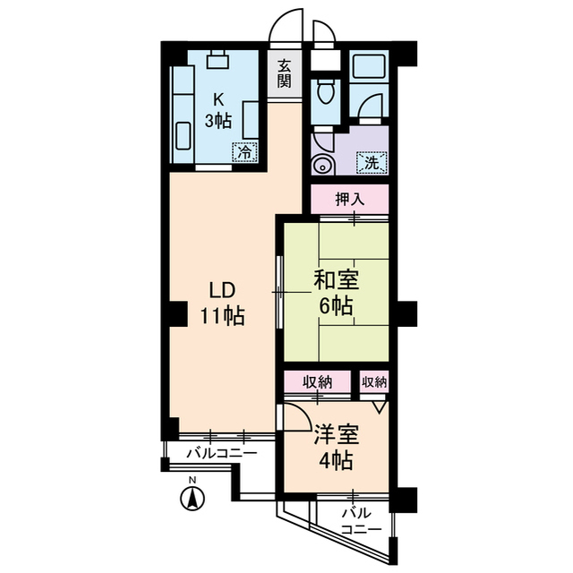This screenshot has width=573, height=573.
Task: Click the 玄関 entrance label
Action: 285,73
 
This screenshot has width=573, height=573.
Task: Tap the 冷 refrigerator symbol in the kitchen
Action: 244,152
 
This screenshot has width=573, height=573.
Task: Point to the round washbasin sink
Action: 322,165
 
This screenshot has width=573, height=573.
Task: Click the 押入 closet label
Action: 350,199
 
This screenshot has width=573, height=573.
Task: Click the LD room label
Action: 222,290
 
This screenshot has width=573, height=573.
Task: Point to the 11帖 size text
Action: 222,316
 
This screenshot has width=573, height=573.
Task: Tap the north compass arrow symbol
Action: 191,498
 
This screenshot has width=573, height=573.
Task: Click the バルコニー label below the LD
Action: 221,453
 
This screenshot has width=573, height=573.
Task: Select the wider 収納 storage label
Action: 317,381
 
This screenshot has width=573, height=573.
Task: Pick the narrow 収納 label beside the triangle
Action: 374,381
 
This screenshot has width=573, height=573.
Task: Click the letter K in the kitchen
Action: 218,99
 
